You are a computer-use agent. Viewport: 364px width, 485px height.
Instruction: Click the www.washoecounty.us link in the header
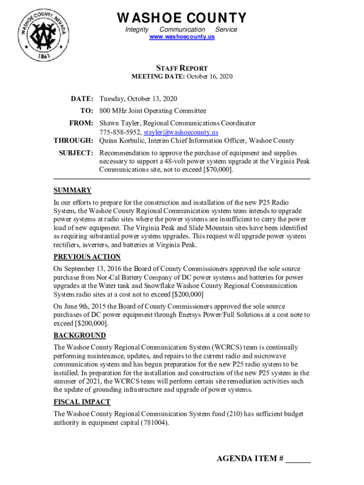point(182,36)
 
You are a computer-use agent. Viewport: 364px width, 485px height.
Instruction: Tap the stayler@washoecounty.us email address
point(181,133)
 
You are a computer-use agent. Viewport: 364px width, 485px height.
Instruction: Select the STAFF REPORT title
point(182,68)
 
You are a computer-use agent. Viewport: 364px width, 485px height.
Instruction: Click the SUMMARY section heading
point(72,190)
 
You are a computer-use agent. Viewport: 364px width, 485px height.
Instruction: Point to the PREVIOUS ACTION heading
point(87,257)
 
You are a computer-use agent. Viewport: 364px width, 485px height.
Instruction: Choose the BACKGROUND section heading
point(79,335)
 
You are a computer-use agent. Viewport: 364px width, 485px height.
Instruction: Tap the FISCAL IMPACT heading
point(82,402)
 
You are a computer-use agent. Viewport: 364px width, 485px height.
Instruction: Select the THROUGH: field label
point(73,141)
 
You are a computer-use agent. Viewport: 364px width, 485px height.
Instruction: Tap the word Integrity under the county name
point(137,29)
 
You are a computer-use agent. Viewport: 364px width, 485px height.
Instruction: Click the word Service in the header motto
point(226,29)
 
